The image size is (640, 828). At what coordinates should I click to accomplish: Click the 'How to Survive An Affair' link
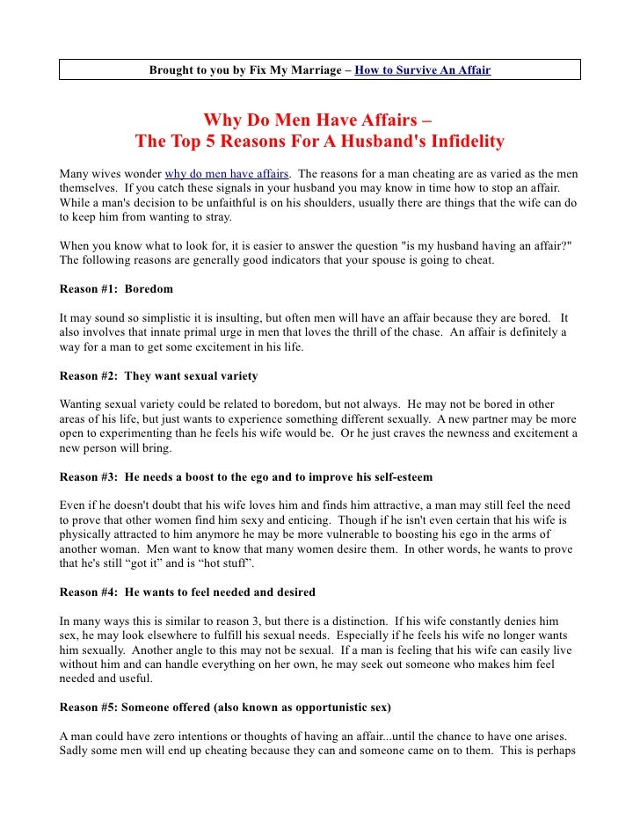422,69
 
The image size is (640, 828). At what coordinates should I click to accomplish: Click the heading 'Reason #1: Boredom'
116,288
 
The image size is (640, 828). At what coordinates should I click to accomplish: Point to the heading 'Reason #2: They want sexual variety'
158,376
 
